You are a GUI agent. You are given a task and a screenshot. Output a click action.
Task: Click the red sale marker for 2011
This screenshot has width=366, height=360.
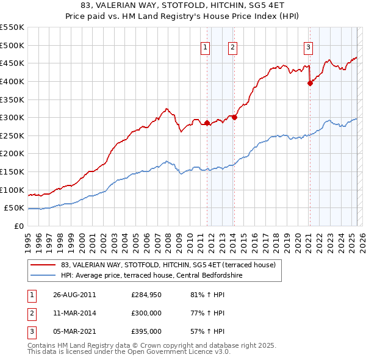(207, 123)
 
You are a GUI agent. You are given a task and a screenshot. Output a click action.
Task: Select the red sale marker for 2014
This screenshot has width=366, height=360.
(234, 117)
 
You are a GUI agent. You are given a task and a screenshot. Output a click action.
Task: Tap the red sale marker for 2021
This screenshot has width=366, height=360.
(310, 84)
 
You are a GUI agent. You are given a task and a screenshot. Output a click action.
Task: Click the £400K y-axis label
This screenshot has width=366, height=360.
(12, 81)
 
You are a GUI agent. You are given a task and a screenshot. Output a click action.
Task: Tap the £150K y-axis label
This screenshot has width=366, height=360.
(12, 171)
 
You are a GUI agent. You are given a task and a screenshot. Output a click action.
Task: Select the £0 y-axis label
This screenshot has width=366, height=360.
(18, 226)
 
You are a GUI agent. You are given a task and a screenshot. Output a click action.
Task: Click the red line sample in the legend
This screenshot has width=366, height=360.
(43, 265)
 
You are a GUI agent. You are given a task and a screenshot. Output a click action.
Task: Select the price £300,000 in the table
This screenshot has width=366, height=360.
(146, 313)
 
